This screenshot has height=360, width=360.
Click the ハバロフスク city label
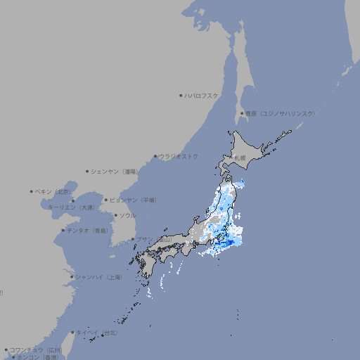[202, 95]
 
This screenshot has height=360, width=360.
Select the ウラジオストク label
[179, 156]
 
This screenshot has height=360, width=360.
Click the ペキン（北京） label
[54, 191]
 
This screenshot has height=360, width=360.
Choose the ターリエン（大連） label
[70, 207]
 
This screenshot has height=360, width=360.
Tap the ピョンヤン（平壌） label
[134, 200]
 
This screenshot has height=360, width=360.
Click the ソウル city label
[127, 215]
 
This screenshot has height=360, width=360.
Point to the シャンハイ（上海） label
[98, 277]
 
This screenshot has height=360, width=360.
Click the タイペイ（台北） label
[97, 333]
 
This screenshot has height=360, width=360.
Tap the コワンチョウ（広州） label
[35, 349]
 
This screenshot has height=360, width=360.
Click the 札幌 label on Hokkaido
[240, 157]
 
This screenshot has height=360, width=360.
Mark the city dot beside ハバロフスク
[181, 95]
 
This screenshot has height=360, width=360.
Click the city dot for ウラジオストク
[155, 156]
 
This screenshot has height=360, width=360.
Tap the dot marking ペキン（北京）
[32, 191]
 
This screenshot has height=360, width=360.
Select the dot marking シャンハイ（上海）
[72, 277]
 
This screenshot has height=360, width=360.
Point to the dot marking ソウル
[115, 215]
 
